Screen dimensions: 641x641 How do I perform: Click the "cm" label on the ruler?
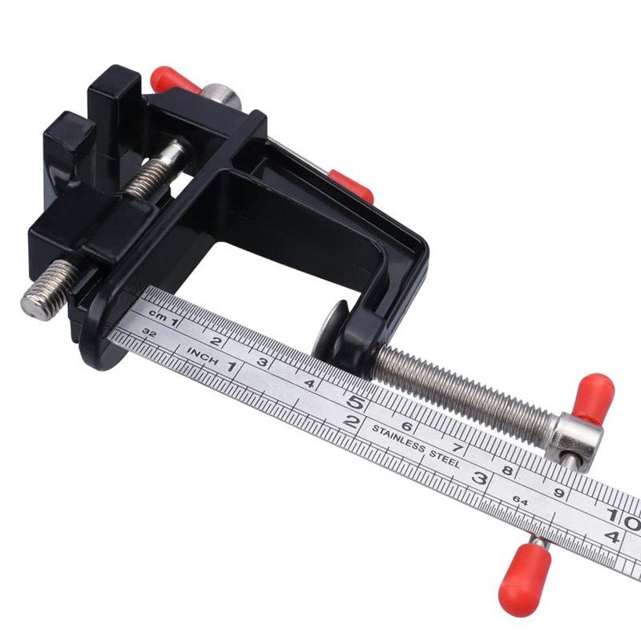[x=158, y=316]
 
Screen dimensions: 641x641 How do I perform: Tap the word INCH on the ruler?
[x=203, y=356]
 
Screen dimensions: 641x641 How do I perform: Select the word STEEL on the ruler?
[x=445, y=460]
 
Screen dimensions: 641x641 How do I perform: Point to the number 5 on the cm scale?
[x=355, y=403]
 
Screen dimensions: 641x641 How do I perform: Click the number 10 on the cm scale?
[x=624, y=516]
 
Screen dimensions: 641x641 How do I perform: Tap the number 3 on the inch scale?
[x=479, y=478]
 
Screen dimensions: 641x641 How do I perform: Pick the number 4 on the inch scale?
[x=612, y=536]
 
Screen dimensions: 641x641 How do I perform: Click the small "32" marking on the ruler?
[x=150, y=333]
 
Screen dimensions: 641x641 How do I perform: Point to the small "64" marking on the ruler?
[x=519, y=500]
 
